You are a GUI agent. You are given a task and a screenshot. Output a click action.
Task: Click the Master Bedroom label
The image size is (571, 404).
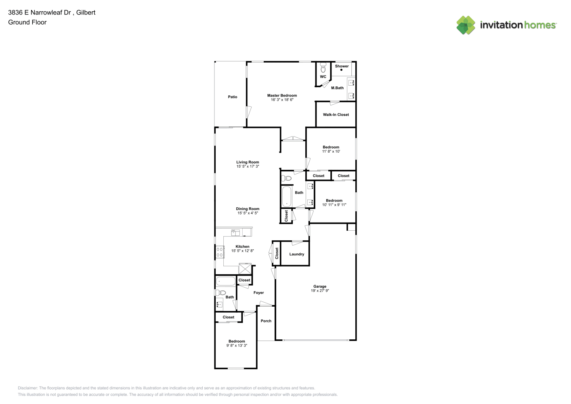[282, 95]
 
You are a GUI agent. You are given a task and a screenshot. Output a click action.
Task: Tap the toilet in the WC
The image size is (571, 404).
[323, 67]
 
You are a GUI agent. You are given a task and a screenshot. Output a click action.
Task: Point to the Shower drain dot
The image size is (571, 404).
[341, 70]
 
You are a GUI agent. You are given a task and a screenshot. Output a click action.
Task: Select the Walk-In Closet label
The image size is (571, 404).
[336, 115]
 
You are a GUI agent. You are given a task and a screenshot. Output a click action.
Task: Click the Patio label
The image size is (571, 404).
[233, 97]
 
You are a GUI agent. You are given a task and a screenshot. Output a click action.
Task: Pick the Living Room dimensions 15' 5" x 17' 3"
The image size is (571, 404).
[248, 166]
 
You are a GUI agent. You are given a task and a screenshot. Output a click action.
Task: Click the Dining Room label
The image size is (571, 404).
[248, 208]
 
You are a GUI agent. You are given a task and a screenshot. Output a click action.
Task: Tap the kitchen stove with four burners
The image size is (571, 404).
[220, 252]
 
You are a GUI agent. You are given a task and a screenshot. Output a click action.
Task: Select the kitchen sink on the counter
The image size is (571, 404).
[235, 233]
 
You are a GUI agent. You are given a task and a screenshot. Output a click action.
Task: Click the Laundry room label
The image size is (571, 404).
[297, 254]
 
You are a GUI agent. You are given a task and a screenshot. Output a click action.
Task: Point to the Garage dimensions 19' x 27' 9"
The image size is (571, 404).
[320, 290]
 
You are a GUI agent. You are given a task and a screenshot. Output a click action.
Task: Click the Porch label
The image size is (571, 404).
[266, 321]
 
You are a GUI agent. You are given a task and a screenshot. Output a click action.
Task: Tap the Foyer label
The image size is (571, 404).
[258, 292]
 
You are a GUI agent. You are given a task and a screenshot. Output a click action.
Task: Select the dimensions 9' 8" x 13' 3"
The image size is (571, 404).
[237, 345]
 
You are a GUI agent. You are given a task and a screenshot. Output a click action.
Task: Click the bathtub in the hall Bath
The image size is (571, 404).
[287, 196]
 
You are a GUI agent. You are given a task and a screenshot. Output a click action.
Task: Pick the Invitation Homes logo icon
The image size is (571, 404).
[466, 25]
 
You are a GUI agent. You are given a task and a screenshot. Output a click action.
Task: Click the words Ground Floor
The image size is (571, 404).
[27, 22]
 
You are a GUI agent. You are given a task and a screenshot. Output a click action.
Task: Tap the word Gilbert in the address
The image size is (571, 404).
[86, 13]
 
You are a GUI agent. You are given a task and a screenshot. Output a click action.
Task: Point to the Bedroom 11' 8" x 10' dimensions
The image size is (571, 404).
[331, 151]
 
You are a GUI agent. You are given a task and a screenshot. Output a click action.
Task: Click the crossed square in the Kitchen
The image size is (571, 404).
[245, 269]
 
